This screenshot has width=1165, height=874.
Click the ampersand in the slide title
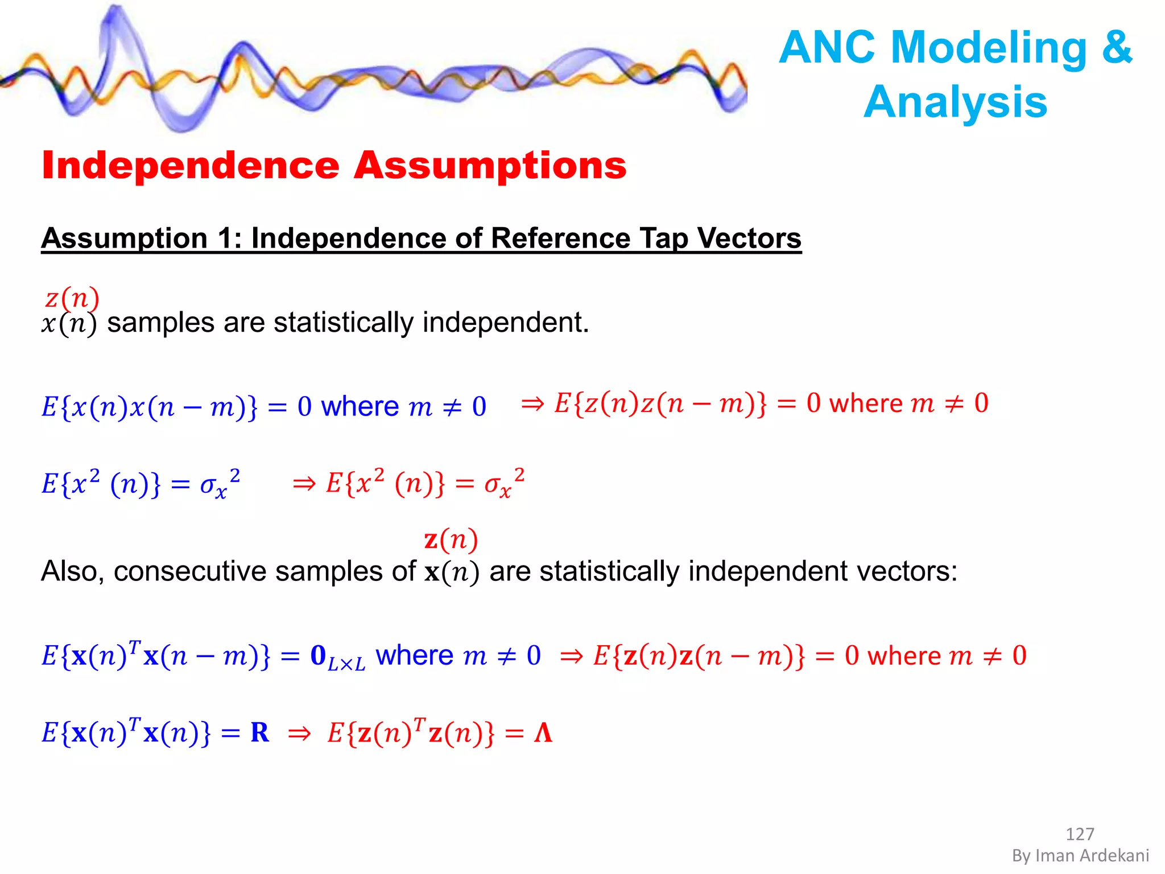coord(1117,48)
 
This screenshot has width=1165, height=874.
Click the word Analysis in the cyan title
coord(955,102)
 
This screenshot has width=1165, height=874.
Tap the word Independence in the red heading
coord(191,166)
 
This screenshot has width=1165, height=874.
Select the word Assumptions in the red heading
coord(490,166)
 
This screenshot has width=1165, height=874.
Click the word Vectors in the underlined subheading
coord(749,238)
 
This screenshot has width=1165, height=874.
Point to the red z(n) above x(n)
coord(72,298)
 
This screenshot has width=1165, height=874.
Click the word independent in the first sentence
coord(505,323)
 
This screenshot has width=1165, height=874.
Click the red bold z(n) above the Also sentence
coord(451,539)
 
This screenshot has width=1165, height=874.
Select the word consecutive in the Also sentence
coord(189,571)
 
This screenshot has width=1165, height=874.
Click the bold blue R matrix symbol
coord(259,732)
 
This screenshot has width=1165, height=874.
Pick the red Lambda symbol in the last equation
coord(543,732)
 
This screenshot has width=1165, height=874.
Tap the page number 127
coord(1080,834)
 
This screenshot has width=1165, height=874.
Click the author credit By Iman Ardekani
coord(1080,856)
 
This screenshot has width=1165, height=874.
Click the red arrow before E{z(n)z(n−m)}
coord(532,404)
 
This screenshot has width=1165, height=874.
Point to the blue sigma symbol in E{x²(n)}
coord(208,484)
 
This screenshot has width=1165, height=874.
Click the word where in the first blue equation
coord(360,406)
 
